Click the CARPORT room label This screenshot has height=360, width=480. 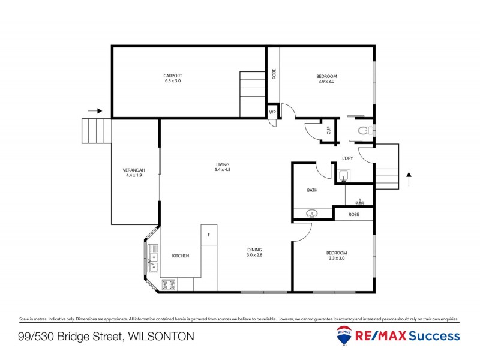172,76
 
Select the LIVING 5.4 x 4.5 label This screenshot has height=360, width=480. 223,164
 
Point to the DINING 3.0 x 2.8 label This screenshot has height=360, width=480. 254,250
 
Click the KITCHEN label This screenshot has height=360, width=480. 181,256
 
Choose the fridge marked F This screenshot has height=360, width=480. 209,235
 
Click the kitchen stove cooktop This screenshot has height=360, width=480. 169,284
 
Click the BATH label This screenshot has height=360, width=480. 312,190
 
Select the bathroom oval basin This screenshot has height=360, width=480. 312,212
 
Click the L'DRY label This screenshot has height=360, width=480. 347,158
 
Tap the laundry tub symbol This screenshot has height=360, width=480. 343,176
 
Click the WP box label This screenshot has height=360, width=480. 272,112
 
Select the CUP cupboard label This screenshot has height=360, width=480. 328,130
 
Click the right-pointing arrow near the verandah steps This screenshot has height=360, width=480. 95,110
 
